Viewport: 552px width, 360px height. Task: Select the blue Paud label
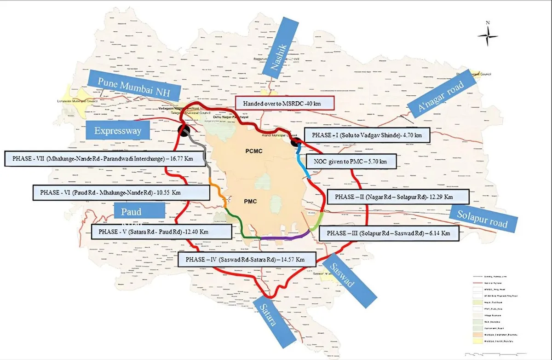pyautogui.click(x=138, y=212)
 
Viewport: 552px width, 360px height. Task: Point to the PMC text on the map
pyautogui.click(x=250, y=201)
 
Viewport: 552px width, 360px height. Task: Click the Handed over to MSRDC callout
pyautogui.click(x=284, y=103)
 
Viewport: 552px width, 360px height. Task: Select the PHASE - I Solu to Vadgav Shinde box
pyautogui.click(x=367, y=136)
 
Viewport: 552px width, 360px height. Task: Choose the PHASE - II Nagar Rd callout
pyautogui.click(x=397, y=197)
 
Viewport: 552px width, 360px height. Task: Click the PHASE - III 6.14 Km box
pyautogui.click(x=388, y=233)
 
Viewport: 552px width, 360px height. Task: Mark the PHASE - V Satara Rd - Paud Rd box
pyautogui.click(x=161, y=231)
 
